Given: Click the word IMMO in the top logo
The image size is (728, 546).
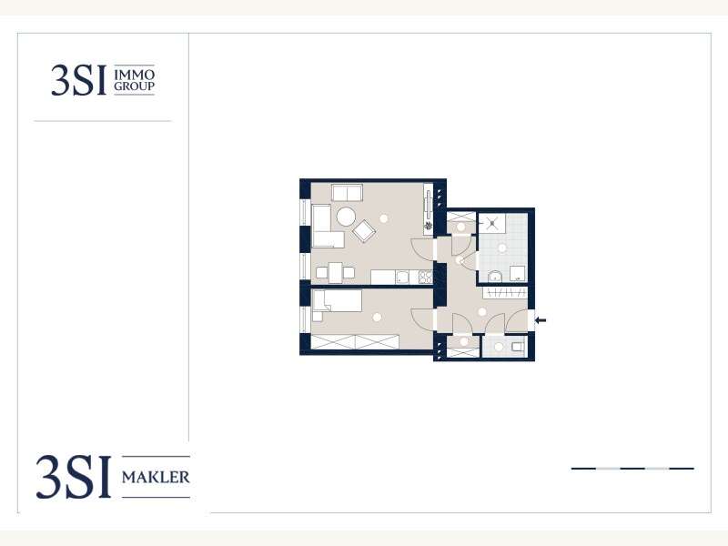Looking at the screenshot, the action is tap(134, 75).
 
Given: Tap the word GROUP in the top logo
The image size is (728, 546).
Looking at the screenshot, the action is tap(134, 86).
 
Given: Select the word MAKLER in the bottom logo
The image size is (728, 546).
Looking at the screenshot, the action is tap(156, 477).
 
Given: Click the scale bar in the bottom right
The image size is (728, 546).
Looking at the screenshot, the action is tap(632, 469).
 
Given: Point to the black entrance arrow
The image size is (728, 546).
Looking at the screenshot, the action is tap(541, 320).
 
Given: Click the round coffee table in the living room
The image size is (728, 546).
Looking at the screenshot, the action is tap(346, 217).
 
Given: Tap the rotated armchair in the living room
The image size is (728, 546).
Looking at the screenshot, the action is tap(364, 230).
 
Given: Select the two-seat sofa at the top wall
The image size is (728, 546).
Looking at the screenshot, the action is tap(348, 193).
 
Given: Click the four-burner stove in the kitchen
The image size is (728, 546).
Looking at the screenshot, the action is tap(425, 278).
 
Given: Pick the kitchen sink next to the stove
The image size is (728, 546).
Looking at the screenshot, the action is tap(402, 278).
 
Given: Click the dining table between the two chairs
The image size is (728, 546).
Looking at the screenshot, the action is tap(336, 272).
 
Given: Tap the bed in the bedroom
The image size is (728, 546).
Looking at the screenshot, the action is tap(338, 301).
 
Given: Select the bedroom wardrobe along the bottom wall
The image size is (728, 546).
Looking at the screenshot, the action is tap(355, 342).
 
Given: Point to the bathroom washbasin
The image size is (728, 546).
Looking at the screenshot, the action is tap(495, 277).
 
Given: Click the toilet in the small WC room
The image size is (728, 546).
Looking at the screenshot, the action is tap(518, 347).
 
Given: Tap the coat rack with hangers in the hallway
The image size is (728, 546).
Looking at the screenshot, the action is tap(505, 292).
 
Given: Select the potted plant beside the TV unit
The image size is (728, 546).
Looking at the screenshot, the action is tap(428, 226).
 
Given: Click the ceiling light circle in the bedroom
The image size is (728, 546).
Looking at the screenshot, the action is tap(377, 317).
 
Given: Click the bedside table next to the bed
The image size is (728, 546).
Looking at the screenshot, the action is tap(318, 316).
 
